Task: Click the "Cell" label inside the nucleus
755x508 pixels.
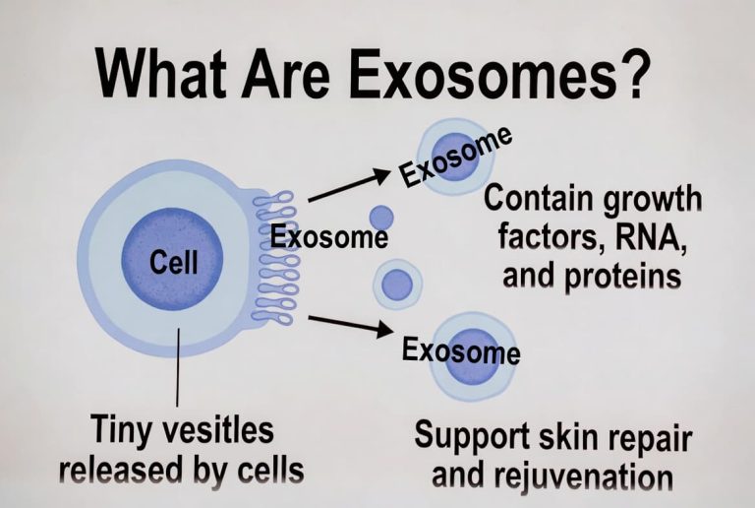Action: click(x=173, y=262)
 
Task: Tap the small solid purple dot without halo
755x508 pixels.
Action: click(x=380, y=218)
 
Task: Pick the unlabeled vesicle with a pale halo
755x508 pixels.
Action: click(x=398, y=284)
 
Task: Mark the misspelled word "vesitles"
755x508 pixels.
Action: click(x=225, y=430)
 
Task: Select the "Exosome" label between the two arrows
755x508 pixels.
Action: click(x=329, y=237)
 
